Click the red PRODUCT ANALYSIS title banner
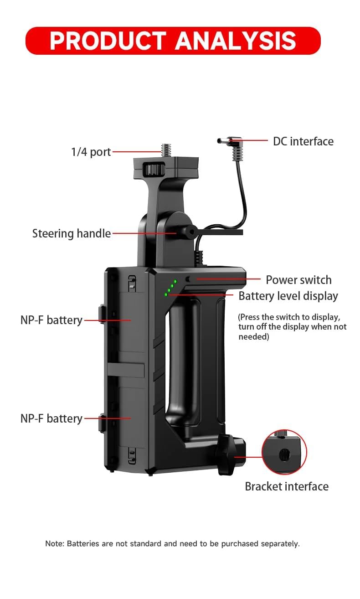(173, 41)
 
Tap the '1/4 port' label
(91, 152)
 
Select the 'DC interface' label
(303, 141)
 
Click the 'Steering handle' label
(72, 233)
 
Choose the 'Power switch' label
(298, 280)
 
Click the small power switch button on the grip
(188, 279)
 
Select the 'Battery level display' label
(288, 296)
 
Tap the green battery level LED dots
(170, 288)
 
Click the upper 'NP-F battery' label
(51, 320)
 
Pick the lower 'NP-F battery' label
(51, 418)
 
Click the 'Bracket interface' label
(287, 486)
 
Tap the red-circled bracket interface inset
(284, 452)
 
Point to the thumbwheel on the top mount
(154, 169)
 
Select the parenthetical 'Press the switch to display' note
(292, 327)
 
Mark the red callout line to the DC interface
(248, 140)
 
